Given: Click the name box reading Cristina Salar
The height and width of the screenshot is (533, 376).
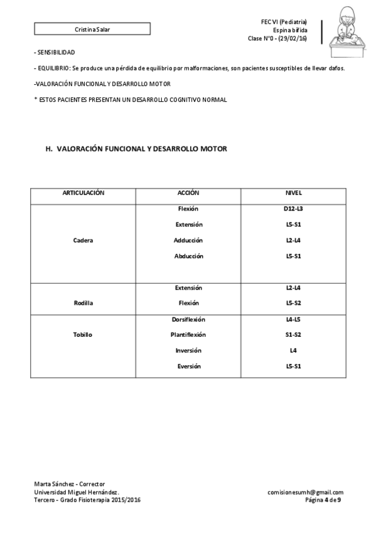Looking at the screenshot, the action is [92, 29].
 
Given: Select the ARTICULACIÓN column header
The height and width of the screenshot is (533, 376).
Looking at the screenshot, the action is [83, 192].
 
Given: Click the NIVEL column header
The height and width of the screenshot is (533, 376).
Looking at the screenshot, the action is [294, 192].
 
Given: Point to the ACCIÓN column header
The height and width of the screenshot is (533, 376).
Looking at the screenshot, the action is [188, 192].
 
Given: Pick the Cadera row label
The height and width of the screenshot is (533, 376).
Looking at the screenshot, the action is [83, 240].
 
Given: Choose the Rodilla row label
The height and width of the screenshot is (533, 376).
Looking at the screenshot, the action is [83, 303].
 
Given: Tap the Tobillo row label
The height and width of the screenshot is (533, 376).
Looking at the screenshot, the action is [83, 334].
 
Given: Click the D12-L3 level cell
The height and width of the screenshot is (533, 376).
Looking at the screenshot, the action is [294, 209].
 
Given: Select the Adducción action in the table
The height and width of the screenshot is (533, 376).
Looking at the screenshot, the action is [188, 240].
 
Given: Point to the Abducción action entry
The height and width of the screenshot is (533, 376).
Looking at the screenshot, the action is [188, 256].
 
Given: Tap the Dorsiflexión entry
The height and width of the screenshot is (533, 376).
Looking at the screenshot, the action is [188, 319].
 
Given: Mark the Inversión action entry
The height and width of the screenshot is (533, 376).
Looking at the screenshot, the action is [188, 350].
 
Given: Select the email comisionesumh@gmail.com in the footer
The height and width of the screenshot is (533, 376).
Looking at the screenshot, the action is [305, 492].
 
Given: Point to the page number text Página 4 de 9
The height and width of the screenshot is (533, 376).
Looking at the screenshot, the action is [323, 500].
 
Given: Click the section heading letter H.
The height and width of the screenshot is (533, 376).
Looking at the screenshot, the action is [48, 149].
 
